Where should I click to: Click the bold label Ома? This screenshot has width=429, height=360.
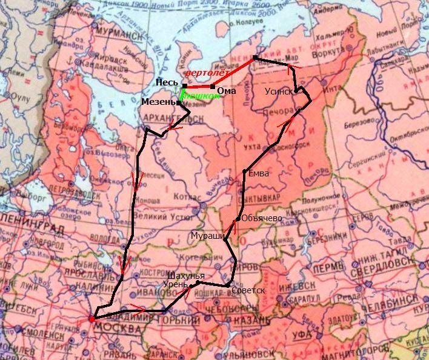tap(226, 90)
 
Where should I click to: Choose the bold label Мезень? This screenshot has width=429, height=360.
tap(158, 102)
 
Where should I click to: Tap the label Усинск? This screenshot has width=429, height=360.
tap(279, 91)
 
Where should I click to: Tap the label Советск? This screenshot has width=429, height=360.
tap(248, 290)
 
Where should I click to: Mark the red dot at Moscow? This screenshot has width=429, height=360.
tap(91, 319)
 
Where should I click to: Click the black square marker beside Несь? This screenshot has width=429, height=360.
tap(184, 85)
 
